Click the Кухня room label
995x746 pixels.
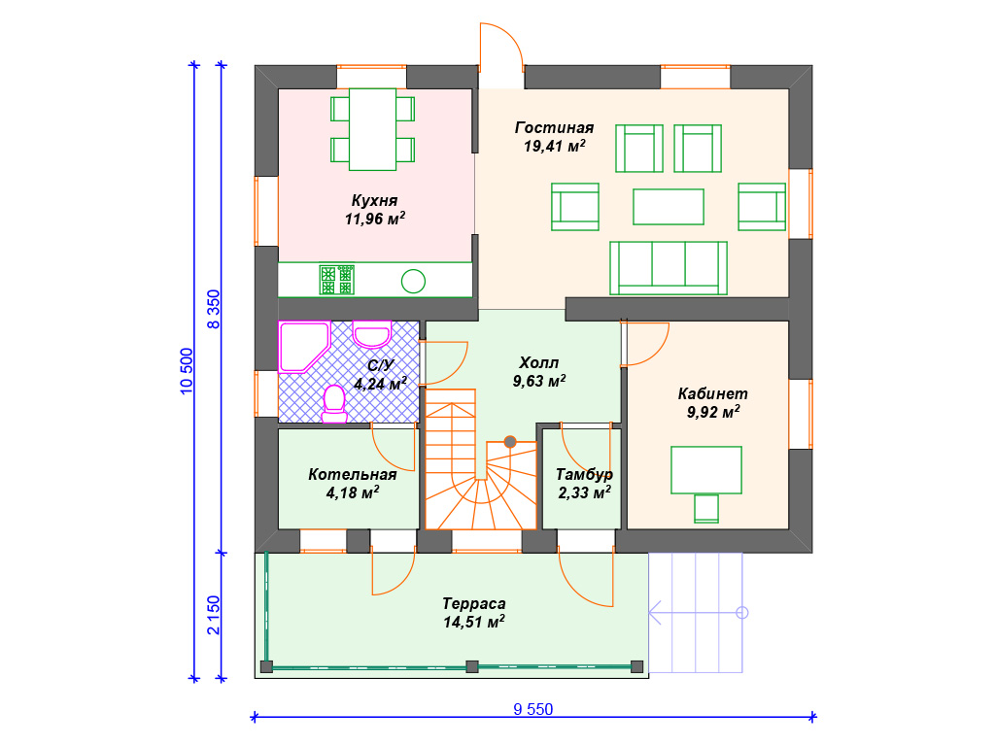coord(374,200)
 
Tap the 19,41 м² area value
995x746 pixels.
coord(554,146)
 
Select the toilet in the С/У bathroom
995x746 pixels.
coord(334,403)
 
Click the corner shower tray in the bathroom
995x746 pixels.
coord(304,347)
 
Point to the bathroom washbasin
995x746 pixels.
coord(371,334)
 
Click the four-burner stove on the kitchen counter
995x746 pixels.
coord(336,281)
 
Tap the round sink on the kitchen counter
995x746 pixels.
coord(413,281)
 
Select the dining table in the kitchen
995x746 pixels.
coord(372,129)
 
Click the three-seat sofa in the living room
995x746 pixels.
coord(669,268)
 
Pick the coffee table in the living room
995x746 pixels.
coord(669,207)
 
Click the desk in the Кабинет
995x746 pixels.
coord(706,470)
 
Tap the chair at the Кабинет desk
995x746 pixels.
coord(706,509)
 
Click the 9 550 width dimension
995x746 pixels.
coord(533,709)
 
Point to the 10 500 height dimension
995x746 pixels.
coord(186,371)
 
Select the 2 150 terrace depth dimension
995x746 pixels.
coord(213,615)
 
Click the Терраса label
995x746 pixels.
coord(474,603)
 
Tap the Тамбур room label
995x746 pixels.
coord(584,474)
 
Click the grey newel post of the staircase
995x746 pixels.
coord(510,442)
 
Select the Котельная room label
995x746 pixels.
coord(352,474)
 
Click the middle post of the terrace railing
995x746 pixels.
coord(471,666)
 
